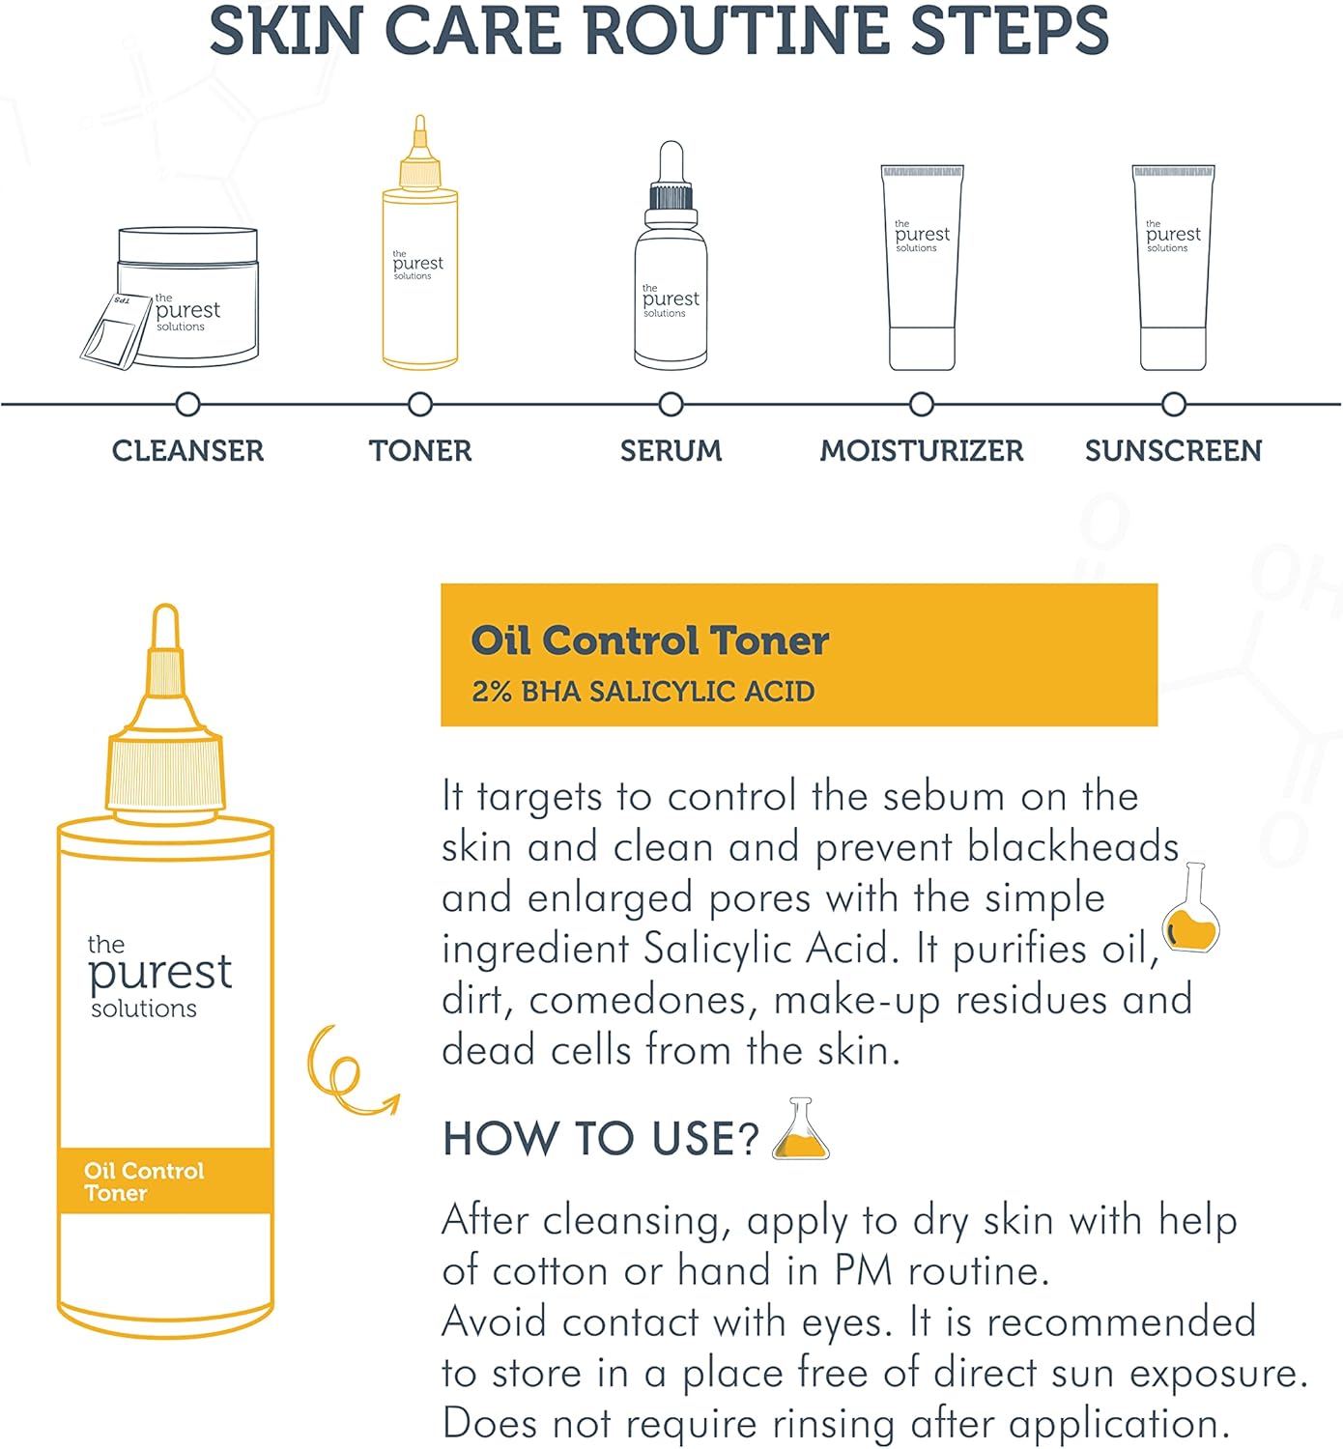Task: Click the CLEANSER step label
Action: tap(187, 451)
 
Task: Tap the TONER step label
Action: tap(420, 451)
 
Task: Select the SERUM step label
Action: tap(671, 451)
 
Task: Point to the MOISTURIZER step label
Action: tap(922, 451)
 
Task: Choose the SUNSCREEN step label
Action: tap(1174, 451)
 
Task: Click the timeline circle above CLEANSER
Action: tap(188, 404)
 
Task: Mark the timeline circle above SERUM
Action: tap(671, 404)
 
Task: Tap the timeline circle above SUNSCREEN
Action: tap(1174, 404)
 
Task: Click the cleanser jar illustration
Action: tap(188, 296)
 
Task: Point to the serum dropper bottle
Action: tap(671, 255)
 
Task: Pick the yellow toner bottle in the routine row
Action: tap(420, 242)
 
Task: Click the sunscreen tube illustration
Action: tap(1174, 268)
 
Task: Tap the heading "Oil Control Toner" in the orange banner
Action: tap(649, 640)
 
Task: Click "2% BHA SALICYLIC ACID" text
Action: tap(643, 691)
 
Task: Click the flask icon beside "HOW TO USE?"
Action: tap(801, 1128)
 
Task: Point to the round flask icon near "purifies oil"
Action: tap(1190, 908)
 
